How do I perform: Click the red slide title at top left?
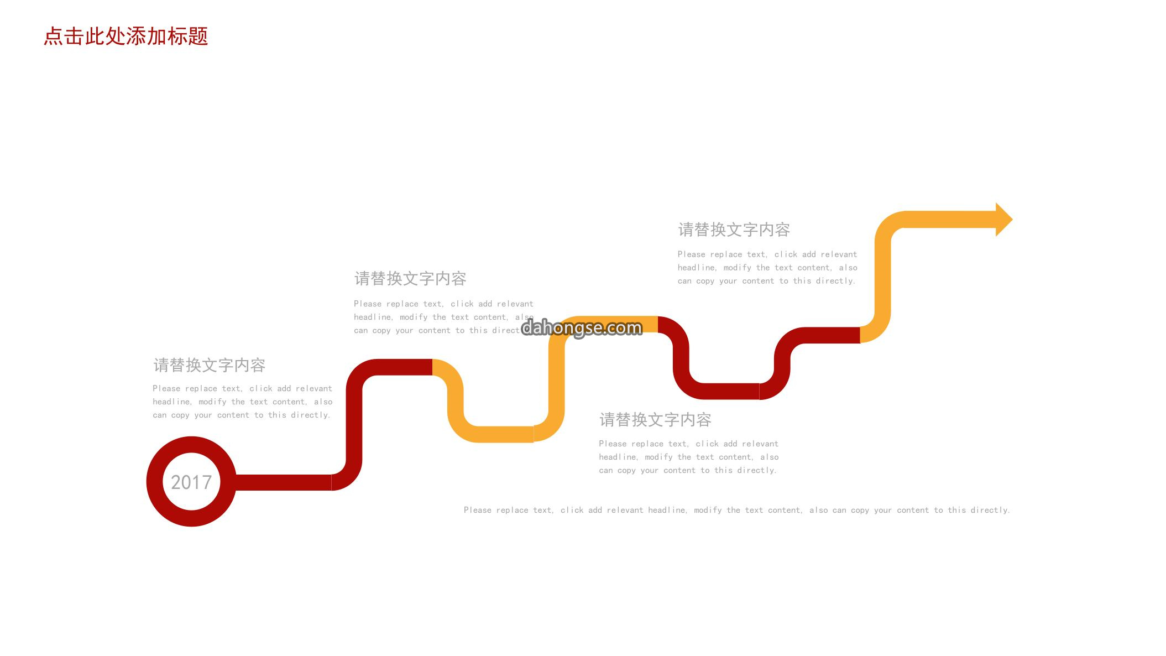point(126,37)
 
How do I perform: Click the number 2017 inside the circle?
point(191,482)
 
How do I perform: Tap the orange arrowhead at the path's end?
point(1004,220)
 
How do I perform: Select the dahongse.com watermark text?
point(582,328)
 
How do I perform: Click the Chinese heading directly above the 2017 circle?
point(210,365)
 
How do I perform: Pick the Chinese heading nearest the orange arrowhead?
point(734,230)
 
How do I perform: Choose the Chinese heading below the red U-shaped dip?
point(655,420)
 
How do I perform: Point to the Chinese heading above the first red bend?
point(410,278)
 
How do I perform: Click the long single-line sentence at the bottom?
point(737,510)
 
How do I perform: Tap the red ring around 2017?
point(191,444)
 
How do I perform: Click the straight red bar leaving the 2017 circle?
point(283,482)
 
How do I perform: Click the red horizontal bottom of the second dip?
point(730,391)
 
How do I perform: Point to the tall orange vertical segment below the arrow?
point(882,277)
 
